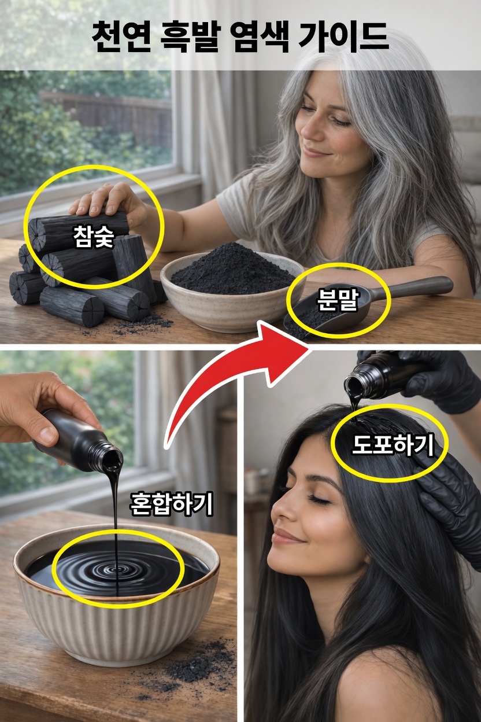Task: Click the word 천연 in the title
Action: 119,36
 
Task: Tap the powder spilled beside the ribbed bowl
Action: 197,665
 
